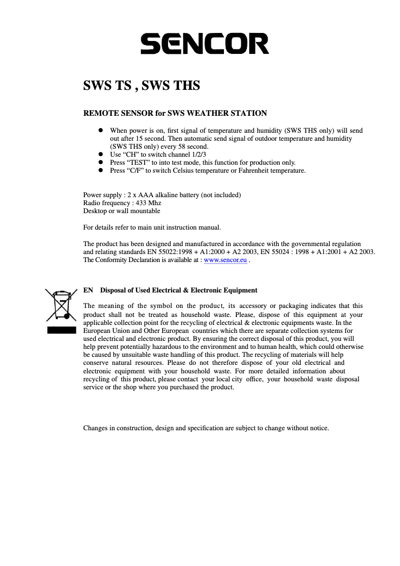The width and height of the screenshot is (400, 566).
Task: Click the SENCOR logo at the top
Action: [x=204, y=43]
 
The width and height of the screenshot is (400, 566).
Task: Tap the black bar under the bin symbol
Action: [x=61, y=330]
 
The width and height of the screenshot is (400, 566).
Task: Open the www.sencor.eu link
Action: [x=225, y=260]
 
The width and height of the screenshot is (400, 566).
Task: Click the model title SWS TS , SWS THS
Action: [x=141, y=86]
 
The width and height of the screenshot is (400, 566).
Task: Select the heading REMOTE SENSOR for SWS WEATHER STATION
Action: [x=175, y=113]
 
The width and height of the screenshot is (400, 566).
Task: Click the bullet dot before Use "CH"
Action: [x=100, y=154]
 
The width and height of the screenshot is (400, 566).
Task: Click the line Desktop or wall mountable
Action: [x=121, y=211]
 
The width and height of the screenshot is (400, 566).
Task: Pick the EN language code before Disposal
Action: [x=88, y=290]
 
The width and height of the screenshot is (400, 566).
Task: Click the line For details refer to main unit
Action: [x=152, y=228]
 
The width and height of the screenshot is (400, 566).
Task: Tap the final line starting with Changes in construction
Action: [x=205, y=428]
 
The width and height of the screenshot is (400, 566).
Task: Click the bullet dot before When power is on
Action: [x=100, y=130]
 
